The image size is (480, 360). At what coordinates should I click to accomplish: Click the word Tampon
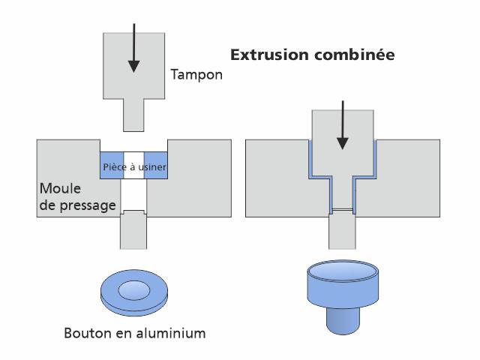[x=196, y=75]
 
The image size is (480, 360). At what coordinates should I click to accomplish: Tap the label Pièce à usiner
[x=133, y=166]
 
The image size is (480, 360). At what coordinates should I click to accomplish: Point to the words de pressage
[x=77, y=204]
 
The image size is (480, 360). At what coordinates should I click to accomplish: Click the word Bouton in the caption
[x=89, y=332]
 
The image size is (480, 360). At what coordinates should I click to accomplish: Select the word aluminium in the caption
[x=174, y=332]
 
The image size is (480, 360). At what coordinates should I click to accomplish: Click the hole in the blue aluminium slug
[x=133, y=288]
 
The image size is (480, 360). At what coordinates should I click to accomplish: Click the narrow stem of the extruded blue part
[x=342, y=320]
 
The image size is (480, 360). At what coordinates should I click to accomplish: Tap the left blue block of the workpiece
[x=108, y=166]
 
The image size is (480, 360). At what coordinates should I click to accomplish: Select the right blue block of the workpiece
[x=160, y=166]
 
